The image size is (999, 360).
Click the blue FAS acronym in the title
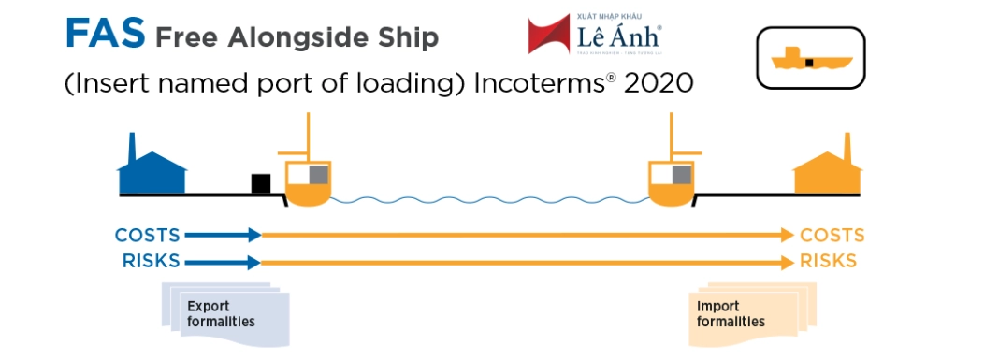click(x=105, y=34)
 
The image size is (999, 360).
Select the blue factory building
click(x=152, y=169)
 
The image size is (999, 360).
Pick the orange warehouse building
click(x=828, y=169)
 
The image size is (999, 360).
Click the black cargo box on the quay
click(x=260, y=183)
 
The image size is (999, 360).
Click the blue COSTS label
click(x=148, y=235)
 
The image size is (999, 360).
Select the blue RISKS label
click(x=151, y=261)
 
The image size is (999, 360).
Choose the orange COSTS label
click(x=832, y=235)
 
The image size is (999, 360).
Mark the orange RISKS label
click(x=828, y=261)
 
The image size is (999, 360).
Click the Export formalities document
click(x=221, y=314)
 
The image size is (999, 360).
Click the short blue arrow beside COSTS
click(x=223, y=235)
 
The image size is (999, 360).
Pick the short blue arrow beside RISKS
click(x=223, y=263)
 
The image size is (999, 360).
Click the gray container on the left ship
click(x=318, y=174)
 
